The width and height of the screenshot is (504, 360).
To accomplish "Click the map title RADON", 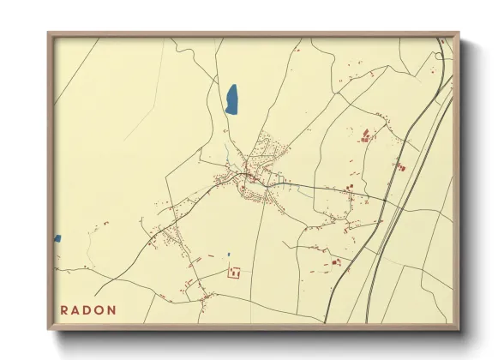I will point(89,309).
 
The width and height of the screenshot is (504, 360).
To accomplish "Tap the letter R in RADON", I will point(65,309).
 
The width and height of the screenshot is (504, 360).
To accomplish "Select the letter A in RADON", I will point(77,309).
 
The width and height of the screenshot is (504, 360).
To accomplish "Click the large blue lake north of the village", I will point(231,99).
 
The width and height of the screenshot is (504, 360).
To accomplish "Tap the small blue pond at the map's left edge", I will point(57,238).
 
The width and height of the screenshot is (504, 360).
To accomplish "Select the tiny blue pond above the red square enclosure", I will point(229,254).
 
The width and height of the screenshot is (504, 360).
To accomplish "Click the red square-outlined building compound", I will point(233,273).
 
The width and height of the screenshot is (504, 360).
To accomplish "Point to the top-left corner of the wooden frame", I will point(49,33).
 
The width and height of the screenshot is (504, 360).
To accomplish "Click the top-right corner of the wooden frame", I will point(458,33).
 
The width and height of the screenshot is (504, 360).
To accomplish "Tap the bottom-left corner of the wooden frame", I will point(49,329).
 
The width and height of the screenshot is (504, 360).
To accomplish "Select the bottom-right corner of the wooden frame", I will point(458,329).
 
